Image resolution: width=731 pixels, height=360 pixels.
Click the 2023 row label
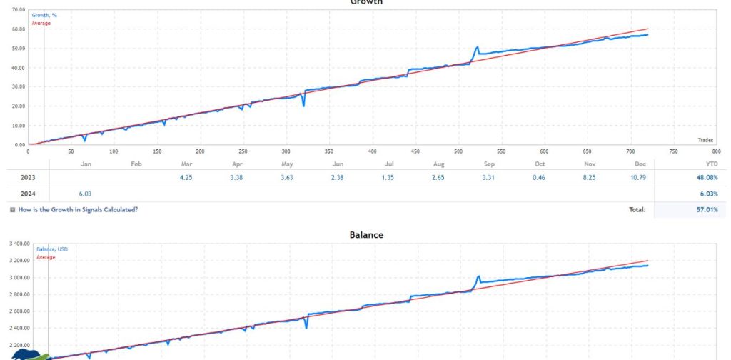click(x=29, y=178)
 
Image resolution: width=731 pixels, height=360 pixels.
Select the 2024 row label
click(x=29, y=194)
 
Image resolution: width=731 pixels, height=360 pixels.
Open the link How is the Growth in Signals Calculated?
click(x=77, y=209)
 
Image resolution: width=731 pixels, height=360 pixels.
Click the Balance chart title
click(x=365, y=234)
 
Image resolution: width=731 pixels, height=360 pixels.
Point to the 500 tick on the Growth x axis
click(x=372, y=151)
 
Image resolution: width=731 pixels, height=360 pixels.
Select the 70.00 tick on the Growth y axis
click(x=14, y=10)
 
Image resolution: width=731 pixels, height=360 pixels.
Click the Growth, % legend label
click(x=44, y=15)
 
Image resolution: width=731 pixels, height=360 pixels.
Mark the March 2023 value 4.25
click(x=186, y=178)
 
